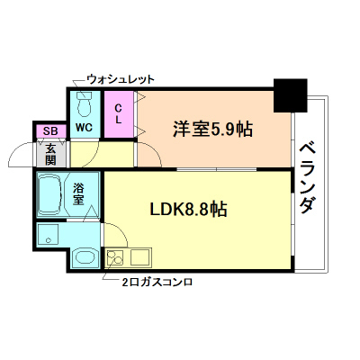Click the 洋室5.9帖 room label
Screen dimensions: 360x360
tap(212, 128)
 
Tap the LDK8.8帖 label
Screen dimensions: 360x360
tap(187, 210)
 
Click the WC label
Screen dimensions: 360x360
tap(84, 127)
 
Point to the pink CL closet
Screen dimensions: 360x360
tap(119, 114)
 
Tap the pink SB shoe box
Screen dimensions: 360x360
tap(49, 131)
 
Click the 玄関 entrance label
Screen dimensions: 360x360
tap(50, 154)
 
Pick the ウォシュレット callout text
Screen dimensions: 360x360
tap(121, 79)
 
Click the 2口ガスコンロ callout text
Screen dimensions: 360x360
tap(157, 282)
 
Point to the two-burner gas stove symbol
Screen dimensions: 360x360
tap(117, 260)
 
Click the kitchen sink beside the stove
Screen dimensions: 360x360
tap(140, 259)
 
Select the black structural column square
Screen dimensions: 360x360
tap(290, 94)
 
